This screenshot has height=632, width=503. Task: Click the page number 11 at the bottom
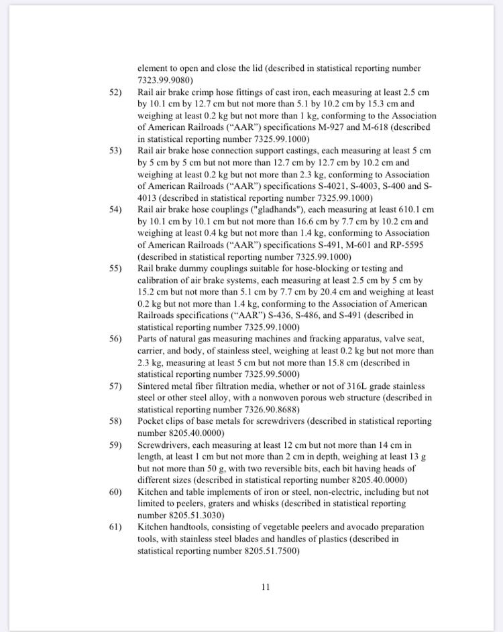(x=265, y=587)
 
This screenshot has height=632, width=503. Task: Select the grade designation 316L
(x=330, y=386)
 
